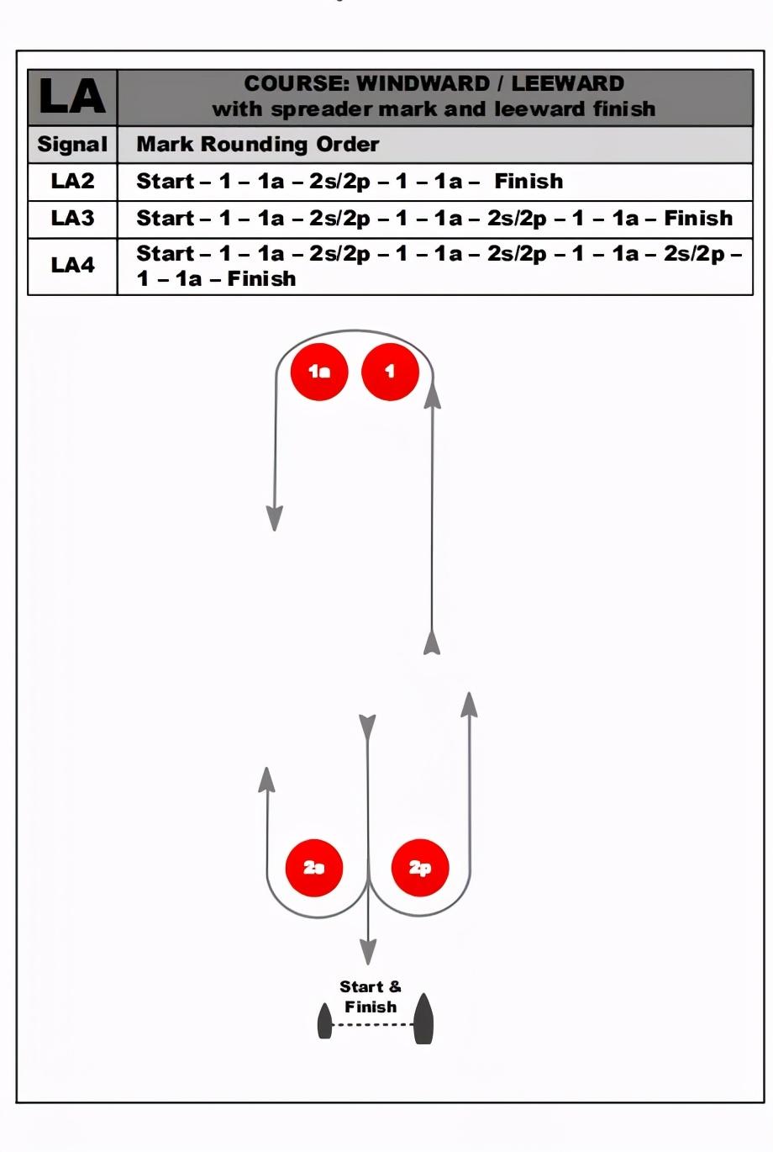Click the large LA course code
pyautogui.click(x=72, y=97)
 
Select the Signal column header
pyautogui.click(x=72, y=145)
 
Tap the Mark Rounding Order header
pyautogui.click(x=257, y=145)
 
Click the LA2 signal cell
pyautogui.click(x=72, y=181)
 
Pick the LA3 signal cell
pyautogui.click(x=72, y=219)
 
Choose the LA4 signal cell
pyautogui.click(x=72, y=266)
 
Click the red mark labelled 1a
pyautogui.click(x=319, y=371)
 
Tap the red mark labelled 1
pyautogui.click(x=390, y=371)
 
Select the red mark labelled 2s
pyautogui.click(x=314, y=867)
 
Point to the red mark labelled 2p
pyautogui.click(x=420, y=867)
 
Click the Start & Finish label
pyautogui.click(x=371, y=996)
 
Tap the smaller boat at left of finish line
pyautogui.click(x=324, y=1022)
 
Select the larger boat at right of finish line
pyautogui.click(x=423, y=1019)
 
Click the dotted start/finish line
pyautogui.click(x=373, y=1025)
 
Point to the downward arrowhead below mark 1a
pyautogui.click(x=274, y=518)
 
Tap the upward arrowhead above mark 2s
pyautogui.click(x=266, y=779)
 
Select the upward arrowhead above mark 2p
pyautogui.click(x=470, y=705)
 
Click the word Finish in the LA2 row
pyautogui.click(x=528, y=181)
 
